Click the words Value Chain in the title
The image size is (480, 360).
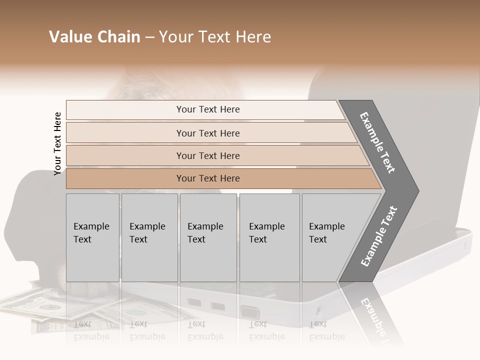(x=94, y=37)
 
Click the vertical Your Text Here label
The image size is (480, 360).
(x=57, y=143)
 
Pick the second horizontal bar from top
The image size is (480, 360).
(x=207, y=133)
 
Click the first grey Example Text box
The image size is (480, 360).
(x=92, y=237)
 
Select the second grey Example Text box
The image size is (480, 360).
(x=149, y=237)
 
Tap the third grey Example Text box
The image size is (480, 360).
(x=208, y=237)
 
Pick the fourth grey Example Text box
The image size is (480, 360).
(x=269, y=237)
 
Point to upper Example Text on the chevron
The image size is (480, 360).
(x=378, y=142)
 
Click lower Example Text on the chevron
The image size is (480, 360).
(x=379, y=236)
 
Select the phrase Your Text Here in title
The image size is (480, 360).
(x=215, y=37)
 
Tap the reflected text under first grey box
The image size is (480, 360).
(x=91, y=330)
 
